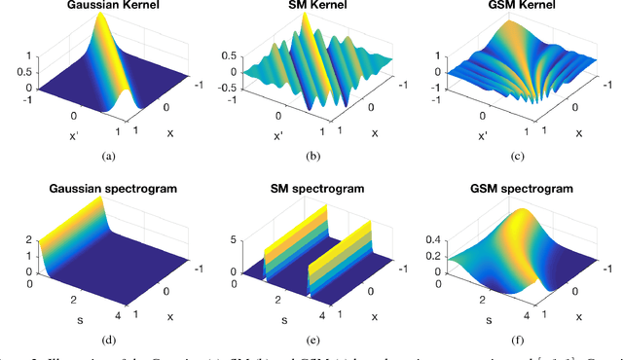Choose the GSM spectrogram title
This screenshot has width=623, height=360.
pyautogui.click(x=519, y=190)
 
